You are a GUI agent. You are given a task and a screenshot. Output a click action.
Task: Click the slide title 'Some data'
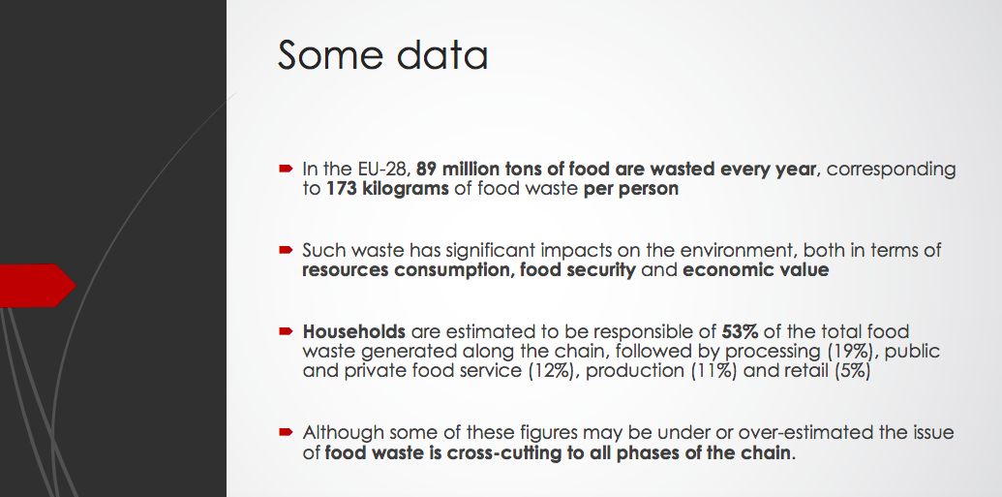(x=382, y=55)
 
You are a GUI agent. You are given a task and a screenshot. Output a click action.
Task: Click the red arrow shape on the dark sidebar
(x=38, y=285)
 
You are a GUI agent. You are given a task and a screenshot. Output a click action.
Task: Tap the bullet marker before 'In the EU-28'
(x=286, y=169)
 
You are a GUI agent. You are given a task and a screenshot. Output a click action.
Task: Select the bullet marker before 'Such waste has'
(x=286, y=250)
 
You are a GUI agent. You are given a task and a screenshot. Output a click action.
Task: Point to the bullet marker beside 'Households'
(x=286, y=331)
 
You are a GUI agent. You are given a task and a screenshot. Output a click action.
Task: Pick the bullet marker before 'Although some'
(x=286, y=432)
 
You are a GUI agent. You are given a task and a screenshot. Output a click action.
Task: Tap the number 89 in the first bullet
(x=426, y=169)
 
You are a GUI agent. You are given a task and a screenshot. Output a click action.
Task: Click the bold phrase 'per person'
(x=630, y=189)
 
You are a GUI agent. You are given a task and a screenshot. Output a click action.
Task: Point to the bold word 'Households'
(x=354, y=331)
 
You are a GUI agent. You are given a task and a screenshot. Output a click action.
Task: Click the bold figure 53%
(x=740, y=331)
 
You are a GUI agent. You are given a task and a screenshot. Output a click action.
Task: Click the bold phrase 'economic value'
(x=756, y=270)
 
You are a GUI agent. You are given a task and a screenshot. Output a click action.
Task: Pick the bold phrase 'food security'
(x=578, y=270)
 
